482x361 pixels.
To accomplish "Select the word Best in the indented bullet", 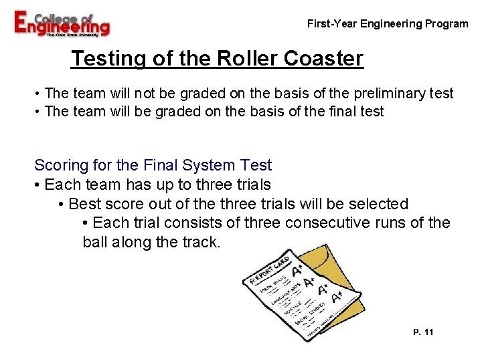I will (x=86, y=203).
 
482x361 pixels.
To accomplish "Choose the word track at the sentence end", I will (x=200, y=242).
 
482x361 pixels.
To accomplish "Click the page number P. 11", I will (x=424, y=332).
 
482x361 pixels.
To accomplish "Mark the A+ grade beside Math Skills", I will (x=297, y=270).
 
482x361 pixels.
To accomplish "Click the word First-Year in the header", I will (x=332, y=24).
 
